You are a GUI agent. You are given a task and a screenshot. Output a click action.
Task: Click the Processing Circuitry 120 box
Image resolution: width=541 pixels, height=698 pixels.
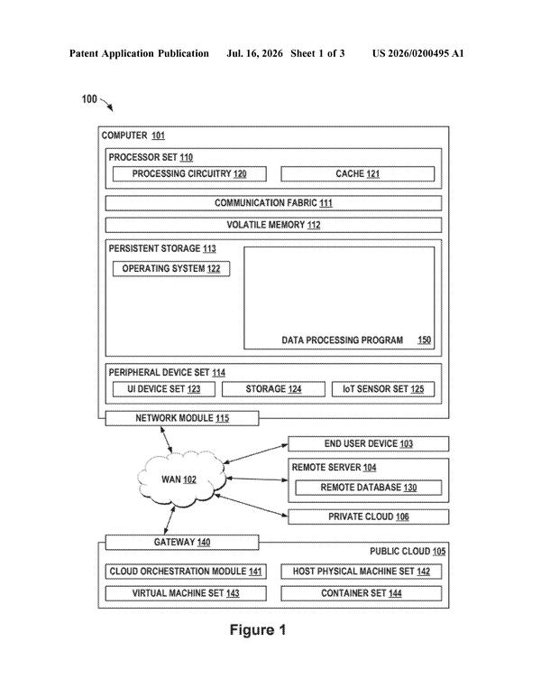tap(189, 173)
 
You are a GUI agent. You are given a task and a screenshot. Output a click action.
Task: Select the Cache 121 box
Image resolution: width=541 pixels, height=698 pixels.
tap(357, 173)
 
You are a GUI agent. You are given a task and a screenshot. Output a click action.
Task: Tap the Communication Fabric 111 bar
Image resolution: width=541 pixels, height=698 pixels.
tap(273, 203)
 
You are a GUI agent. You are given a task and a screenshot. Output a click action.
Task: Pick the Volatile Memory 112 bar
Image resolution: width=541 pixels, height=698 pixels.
tap(273, 225)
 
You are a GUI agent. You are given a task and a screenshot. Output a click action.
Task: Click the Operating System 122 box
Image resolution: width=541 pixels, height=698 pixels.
tap(171, 269)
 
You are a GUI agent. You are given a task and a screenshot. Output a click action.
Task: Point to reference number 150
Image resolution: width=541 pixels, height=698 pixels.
tap(425, 340)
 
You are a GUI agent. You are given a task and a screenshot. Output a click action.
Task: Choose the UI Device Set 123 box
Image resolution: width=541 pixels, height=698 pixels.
tap(163, 389)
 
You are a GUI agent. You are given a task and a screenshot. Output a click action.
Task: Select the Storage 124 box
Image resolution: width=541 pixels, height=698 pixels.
tap(273, 389)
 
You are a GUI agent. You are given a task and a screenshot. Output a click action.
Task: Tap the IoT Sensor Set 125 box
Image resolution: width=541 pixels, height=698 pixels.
tap(383, 389)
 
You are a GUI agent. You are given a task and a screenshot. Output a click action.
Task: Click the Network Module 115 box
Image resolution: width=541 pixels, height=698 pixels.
tap(182, 418)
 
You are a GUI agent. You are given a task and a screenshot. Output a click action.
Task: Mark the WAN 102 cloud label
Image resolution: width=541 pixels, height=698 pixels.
tap(179, 479)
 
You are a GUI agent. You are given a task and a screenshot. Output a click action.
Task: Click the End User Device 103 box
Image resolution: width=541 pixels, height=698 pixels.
tap(369, 444)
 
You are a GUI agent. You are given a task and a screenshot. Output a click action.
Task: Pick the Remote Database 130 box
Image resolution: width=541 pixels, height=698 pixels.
tap(369, 488)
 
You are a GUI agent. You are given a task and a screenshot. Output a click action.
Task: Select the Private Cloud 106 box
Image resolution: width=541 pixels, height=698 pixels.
tap(369, 517)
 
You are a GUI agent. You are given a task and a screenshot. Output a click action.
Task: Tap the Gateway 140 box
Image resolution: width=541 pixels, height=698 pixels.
tap(182, 542)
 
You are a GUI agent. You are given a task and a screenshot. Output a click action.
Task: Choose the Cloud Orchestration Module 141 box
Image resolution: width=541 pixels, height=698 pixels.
tap(186, 571)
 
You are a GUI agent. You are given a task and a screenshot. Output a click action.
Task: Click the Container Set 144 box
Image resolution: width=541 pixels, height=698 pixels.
tap(362, 593)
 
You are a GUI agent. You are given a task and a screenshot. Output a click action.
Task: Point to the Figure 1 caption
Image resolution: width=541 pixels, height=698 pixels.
tap(258, 630)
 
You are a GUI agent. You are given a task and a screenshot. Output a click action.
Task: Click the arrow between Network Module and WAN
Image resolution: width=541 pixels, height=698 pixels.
tap(166, 440)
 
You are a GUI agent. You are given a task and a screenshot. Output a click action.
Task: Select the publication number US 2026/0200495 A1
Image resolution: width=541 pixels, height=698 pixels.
tap(417, 53)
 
